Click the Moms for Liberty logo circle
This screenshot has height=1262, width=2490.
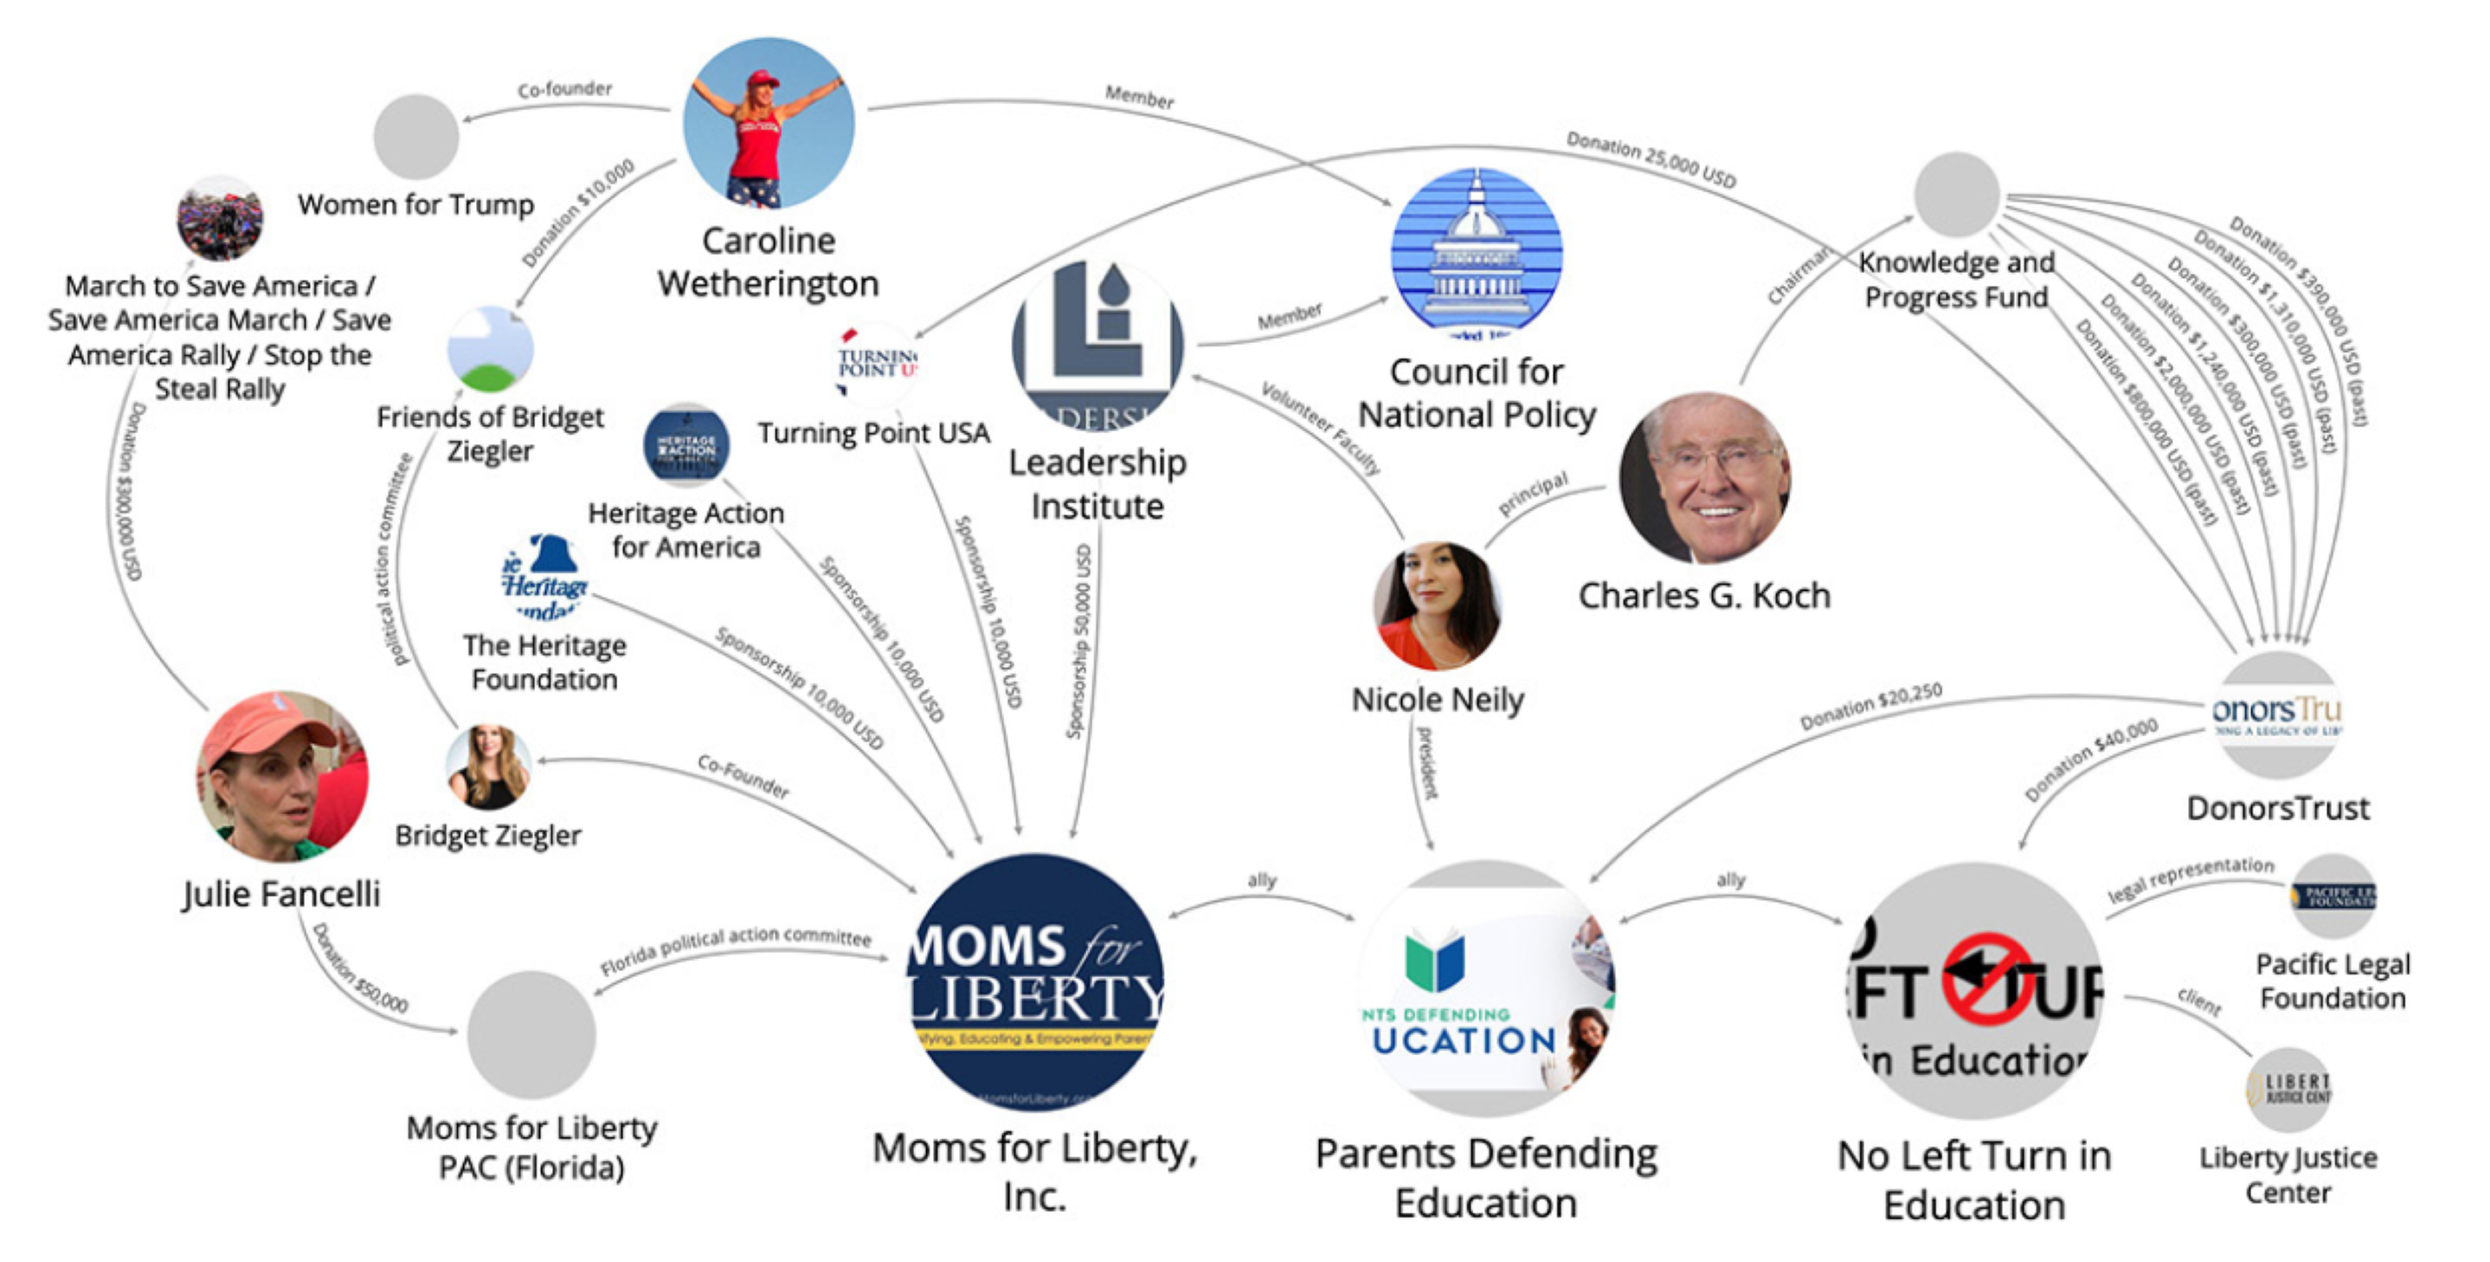(x=1034, y=980)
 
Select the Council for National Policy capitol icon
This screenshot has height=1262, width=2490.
(x=1476, y=254)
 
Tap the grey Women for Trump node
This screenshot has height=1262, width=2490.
(x=415, y=136)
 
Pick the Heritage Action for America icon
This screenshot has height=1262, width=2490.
(x=686, y=446)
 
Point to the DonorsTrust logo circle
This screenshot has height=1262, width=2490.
(x=2277, y=715)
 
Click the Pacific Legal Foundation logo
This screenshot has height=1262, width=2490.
(x=2333, y=896)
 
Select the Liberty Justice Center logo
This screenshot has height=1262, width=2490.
(x=2288, y=1090)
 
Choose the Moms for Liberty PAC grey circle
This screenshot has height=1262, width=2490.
(x=531, y=1034)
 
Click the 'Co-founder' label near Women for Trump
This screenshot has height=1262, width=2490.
(x=564, y=90)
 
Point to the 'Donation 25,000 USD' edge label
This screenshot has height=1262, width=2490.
(x=1651, y=160)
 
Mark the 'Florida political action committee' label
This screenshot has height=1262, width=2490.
(x=735, y=949)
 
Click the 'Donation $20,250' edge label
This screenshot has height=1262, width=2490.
(x=1870, y=707)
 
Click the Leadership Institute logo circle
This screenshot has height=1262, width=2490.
(x=1097, y=346)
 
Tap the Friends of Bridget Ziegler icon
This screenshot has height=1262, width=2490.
(x=490, y=349)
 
